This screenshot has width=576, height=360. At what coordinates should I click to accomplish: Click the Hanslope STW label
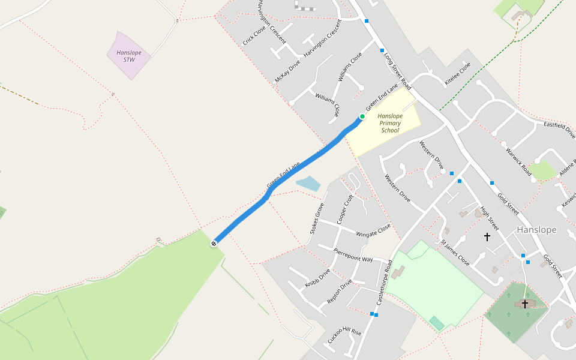pos(129,56)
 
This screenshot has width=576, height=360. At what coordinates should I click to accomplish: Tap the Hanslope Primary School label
pos(390,122)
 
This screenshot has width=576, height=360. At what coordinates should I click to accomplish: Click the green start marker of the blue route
pos(362,116)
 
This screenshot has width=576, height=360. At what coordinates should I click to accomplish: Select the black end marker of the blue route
pos(214,243)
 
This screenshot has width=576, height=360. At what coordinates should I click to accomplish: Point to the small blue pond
pos(308,183)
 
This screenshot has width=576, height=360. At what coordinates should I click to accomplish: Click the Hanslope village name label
pos(536,230)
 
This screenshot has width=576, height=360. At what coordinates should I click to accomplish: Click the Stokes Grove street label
pos(317,218)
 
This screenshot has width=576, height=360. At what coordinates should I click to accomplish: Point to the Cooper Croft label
pos(345,209)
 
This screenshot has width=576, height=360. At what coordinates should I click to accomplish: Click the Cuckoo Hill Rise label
pos(344,335)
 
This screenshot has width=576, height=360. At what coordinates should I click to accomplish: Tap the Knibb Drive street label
pos(317,278)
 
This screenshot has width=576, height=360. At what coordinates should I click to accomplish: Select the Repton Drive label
pos(340,292)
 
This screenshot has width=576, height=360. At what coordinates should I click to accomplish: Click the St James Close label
pos(455,253)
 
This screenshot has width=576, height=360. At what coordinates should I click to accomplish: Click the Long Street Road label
pos(397,70)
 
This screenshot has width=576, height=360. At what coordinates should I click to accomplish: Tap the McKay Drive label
pos(287,71)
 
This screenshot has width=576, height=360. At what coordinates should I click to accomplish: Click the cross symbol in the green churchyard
pos(525,304)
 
